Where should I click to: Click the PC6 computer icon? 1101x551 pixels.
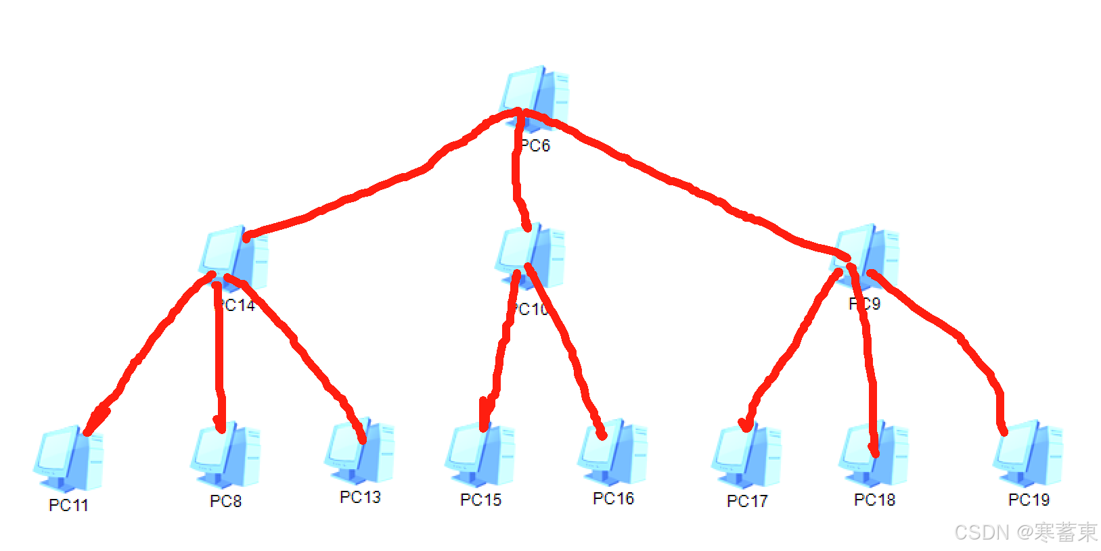tap(535, 98)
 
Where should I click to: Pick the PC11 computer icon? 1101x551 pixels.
tap(68, 458)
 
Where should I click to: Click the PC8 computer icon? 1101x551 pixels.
tap(225, 454)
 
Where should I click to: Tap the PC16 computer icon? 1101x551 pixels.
tap(612, 452)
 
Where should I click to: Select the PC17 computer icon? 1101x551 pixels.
tap(746, 455)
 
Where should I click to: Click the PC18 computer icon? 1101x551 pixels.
tap(874, 454)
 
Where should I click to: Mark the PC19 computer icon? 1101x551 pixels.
tap(1028, 453)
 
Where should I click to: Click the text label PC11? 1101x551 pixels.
tap(68, 505)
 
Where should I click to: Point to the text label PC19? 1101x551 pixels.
tap(1029, 500)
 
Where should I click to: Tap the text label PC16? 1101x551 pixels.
tap(613, 498)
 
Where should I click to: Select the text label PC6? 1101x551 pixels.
tap(536, 145)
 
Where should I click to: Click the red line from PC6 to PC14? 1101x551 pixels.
tap(365, 193)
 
